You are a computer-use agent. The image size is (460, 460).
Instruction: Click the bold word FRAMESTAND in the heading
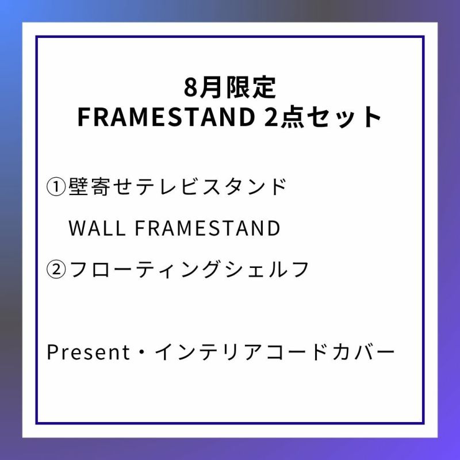tap(166, 117)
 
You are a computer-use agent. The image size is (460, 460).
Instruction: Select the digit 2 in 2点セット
tap(271, 117)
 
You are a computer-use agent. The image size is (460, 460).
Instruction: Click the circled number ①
tap(56, 187)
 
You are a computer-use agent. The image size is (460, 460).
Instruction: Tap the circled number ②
tap(56, 270)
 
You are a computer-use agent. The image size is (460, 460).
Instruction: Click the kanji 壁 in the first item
tap(78, 186)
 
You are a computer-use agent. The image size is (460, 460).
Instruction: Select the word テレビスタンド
tap(210, 186)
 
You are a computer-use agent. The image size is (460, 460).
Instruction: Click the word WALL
tap(97, 228)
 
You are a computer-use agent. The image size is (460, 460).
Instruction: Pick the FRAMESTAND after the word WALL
tap(208, 228)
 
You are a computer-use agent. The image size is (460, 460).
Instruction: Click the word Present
tap(88, 352)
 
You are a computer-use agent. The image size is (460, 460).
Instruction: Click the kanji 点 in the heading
tap(293, 117)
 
